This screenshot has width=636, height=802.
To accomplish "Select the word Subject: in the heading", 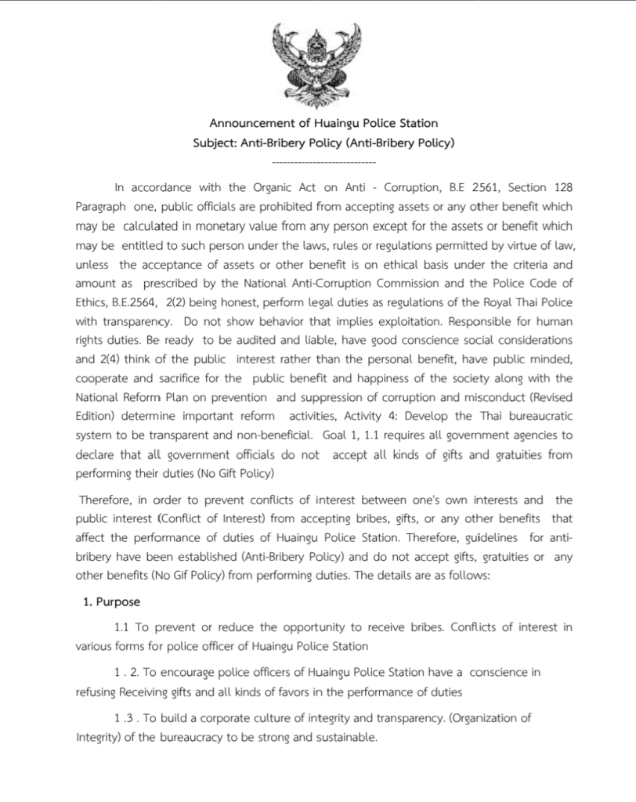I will point(215,143).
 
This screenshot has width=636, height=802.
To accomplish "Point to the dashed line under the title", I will point(323,162).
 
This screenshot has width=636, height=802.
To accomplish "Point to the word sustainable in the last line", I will point(345,737).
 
